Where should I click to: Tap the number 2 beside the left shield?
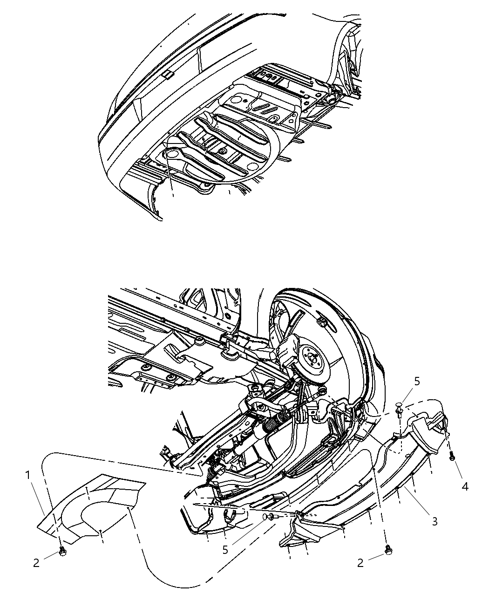(x=36, y=562)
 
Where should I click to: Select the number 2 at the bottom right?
(x=360, y=563)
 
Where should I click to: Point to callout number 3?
(x=434, y=521)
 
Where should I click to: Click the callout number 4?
(x=465, y=487)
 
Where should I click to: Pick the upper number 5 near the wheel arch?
(x=417, y=381)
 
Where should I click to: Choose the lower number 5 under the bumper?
(x=225, y=550)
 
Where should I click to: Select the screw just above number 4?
(x=452, y=457)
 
